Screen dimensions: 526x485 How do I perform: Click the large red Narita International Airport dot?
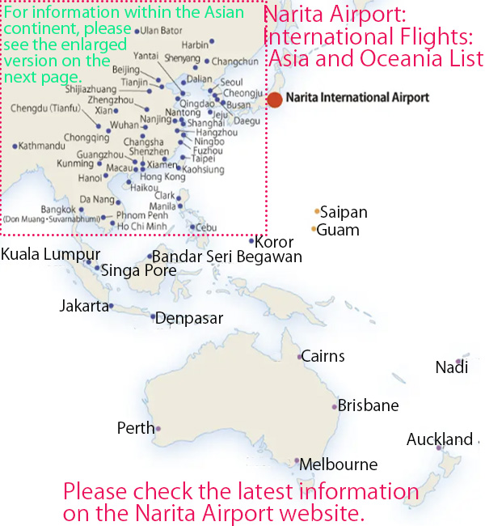coord(275,100)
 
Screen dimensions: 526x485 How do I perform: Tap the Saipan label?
coord(344,213)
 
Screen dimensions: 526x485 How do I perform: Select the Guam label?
coord(338,230)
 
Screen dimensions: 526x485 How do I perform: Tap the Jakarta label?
coord(83,306)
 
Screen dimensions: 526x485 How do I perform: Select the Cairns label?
coord(323,356)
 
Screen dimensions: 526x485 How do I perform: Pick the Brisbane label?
coord(368,405)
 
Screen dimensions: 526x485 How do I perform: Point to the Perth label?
coord(135,428)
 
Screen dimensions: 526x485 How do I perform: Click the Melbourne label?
coord(338,464)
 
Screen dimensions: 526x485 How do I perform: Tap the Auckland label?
coord(439,439)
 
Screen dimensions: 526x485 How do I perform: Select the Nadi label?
coord(451,368)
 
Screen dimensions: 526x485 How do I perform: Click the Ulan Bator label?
coord(160,30)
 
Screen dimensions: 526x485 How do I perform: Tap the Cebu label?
coord(207,227)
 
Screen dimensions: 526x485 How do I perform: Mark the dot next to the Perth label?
coord(158,429)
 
